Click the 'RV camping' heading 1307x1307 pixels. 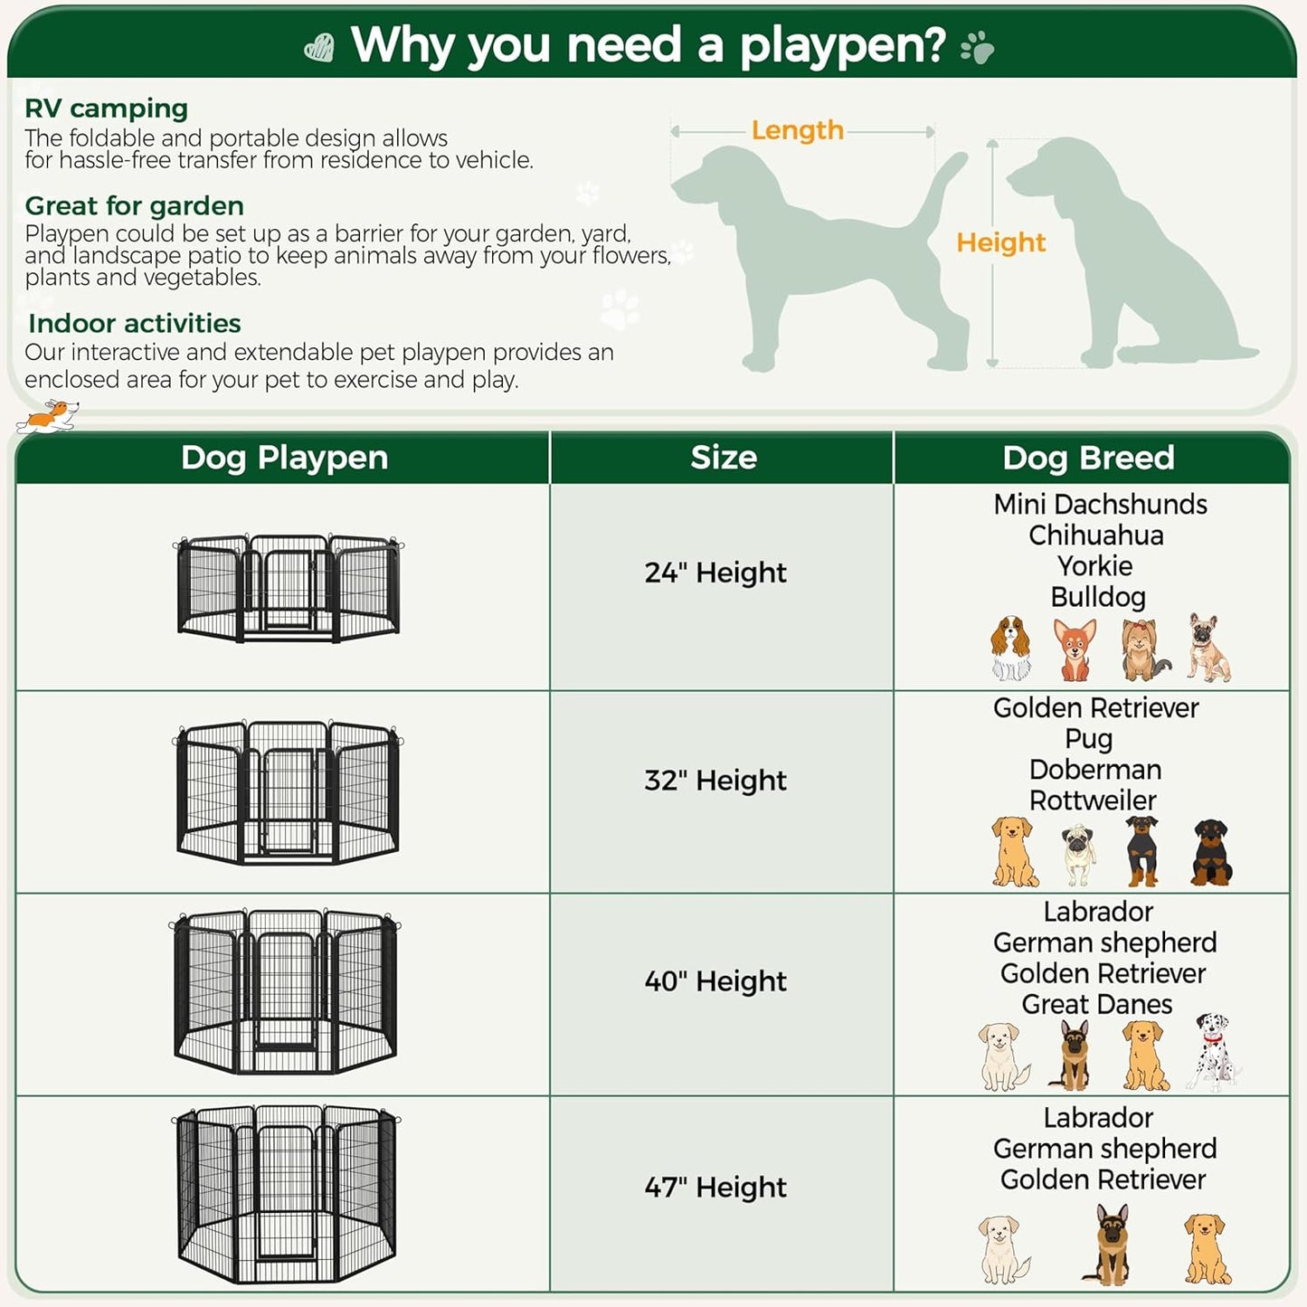click(106, 109)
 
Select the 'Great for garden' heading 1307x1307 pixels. click(134, 206)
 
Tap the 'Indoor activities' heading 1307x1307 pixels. click(134, 324)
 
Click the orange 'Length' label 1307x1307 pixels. click(797, 130)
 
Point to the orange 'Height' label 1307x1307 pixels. click(1000, 242)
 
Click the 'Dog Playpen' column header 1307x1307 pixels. click(284, 458)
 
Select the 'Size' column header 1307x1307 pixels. click(724, 458)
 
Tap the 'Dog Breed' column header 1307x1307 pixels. click(1088, 458)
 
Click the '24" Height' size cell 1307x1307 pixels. click(715, 573)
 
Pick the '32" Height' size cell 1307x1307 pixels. click(715, 781)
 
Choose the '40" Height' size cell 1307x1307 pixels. click(715, 981)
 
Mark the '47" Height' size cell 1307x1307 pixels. click(715, 1188)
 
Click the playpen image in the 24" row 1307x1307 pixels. click(289, 588)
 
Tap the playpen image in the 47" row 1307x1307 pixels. click(287, 1193)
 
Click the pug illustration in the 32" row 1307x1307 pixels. click(1078, 854)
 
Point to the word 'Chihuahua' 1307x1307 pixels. click(1096, 535)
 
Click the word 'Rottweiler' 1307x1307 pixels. click(1093, 800)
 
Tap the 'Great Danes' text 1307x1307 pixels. click(1096, 1005)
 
